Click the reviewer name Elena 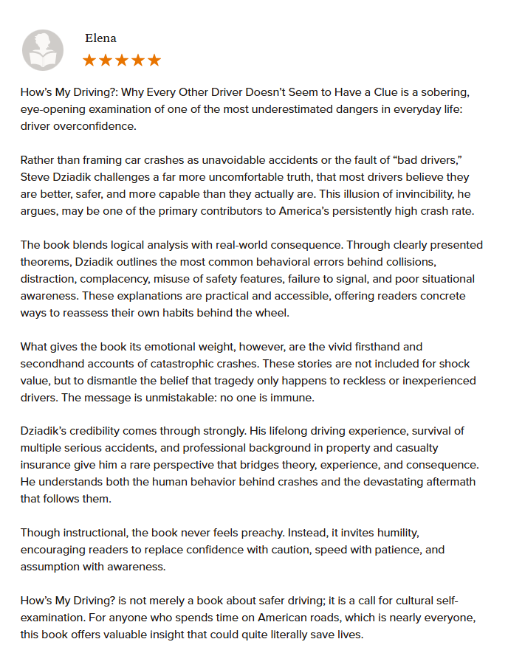(x=101, y=38)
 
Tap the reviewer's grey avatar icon (x=43, y=50)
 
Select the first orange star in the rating (x=89, y=61)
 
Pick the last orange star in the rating (x=154, y=61)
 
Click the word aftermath (x=450, y=482)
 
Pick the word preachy (x=261, y=532)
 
